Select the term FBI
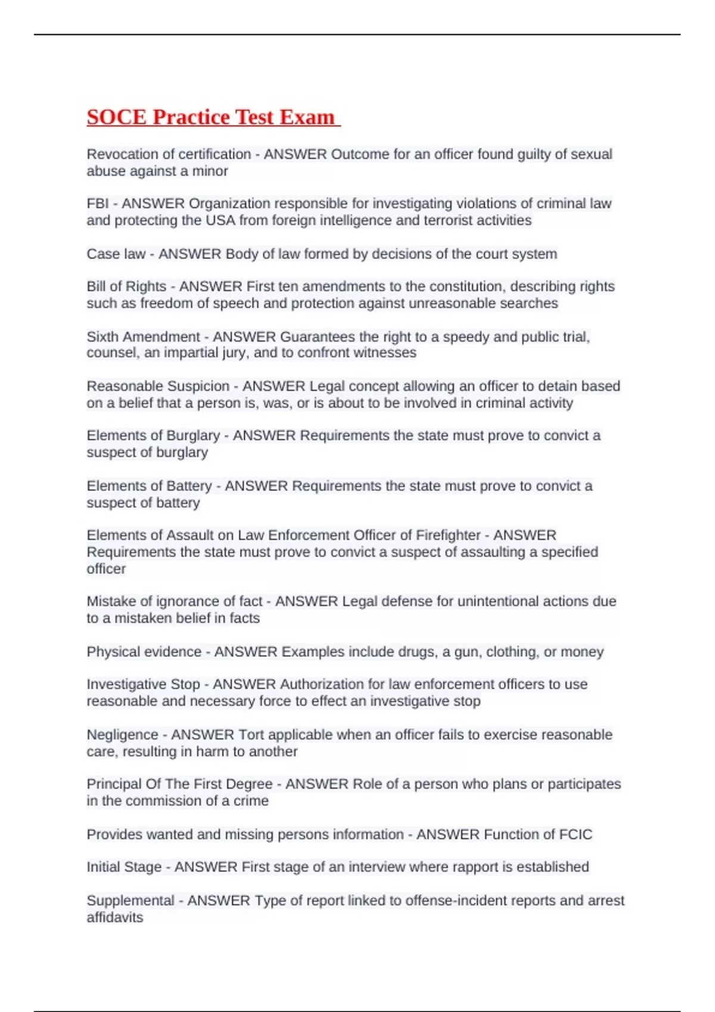click(x=98, y=204)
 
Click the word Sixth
click(x=101, y=337)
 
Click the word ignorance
click(x=187, y=601)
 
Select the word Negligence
click(x=122, y=735)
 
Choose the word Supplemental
click(x=130, y=901)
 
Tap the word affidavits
click(x=115, y=917)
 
